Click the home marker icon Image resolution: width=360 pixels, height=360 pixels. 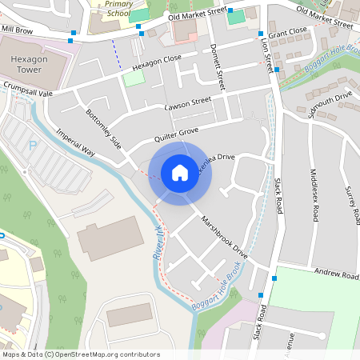click(x=180, y=172)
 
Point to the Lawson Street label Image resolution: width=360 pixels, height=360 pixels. click(x=187, y=103)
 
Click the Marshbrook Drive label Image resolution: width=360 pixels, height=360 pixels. click(x=225, y=235)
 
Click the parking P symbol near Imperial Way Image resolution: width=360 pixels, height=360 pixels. click(x=33, y=146)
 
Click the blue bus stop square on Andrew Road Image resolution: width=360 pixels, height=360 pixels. click(x=274, y=278)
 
